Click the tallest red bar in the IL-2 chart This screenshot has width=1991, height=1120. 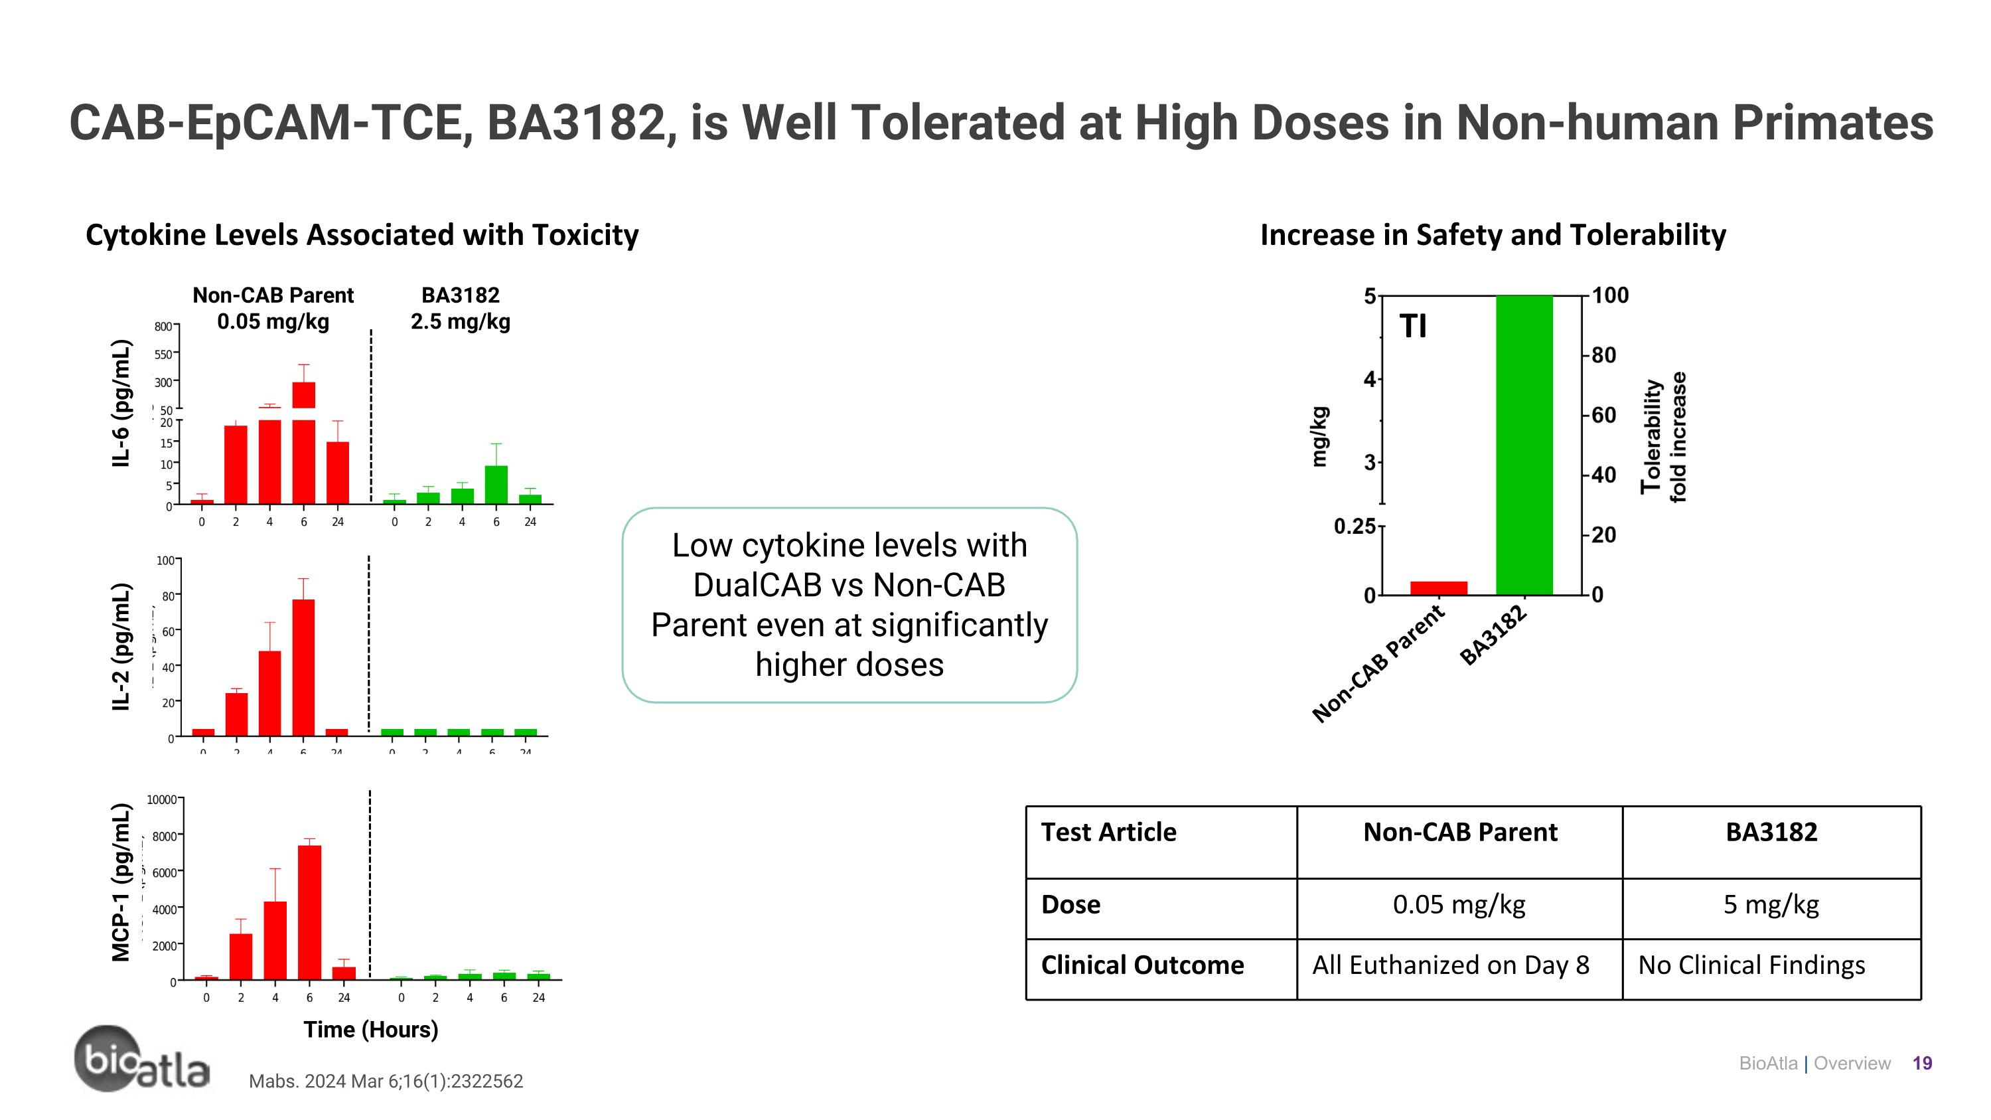(303, 667)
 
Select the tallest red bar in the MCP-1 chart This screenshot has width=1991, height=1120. (309, 912)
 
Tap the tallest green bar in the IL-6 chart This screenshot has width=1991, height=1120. (496, 485)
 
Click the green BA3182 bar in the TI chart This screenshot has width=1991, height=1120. (1524, 444)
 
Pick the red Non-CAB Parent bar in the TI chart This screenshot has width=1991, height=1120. (1438, 588)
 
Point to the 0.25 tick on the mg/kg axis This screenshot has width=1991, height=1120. (1355, 526)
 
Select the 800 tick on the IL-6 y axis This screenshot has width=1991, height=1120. (163, 327)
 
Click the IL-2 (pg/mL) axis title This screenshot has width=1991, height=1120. (121, 646)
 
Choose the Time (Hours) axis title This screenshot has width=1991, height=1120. (370, 1030)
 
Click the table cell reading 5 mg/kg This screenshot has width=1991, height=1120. (1771, 904)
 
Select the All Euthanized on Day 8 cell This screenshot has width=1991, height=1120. (1451, 965)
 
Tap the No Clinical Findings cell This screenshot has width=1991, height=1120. (1751, 965)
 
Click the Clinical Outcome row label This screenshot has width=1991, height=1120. (1142, 965)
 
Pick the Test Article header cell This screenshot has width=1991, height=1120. (1108, 833)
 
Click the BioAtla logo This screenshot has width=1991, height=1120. (141, 1059)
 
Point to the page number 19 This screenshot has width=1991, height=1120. (1921, 1064)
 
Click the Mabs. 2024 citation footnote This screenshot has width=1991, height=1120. (386, 1081)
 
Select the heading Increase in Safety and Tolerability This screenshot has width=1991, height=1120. (1493, 235)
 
